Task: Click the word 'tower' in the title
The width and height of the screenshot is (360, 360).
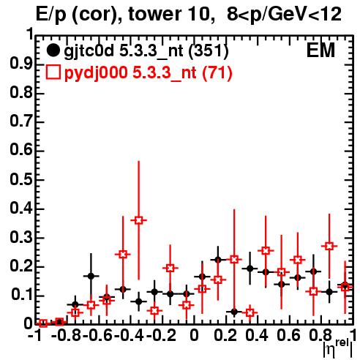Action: [153, 14]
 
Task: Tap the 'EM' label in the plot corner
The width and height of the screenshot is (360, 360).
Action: [320, 50]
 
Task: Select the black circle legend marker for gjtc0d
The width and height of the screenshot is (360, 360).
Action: [53, 50]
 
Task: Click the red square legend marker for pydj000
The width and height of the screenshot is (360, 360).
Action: [53, 72]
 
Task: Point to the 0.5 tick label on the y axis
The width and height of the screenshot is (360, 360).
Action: [20, 180]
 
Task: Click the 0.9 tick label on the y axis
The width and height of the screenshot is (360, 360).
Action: [20, 64]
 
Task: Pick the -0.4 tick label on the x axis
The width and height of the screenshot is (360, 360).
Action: [129, 335]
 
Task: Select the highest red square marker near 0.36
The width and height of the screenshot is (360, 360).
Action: [138, 220]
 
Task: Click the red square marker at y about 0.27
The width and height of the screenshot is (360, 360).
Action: [329, 246]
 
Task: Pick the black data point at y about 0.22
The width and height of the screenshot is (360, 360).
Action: [218, 260]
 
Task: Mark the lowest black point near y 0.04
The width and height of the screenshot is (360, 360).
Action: [234, 312]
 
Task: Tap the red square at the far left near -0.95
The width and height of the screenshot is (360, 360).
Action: [43, 323]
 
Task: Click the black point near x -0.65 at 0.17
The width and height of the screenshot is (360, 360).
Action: [91, 276]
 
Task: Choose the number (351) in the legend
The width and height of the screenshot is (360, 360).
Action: [209, 50]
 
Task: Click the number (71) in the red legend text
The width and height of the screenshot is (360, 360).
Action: [217, 73]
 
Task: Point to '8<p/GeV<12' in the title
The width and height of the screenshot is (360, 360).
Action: [284, 14]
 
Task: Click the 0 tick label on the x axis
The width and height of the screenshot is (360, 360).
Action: [194, 335]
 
